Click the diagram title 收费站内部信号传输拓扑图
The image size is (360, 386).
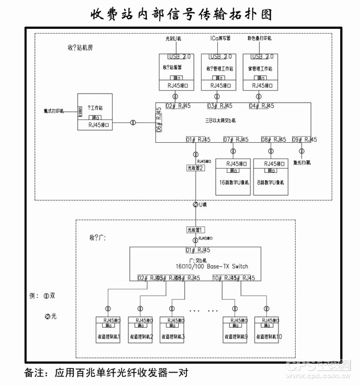180,13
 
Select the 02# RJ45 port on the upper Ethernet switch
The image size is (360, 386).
178,106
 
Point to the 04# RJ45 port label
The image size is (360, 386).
262,106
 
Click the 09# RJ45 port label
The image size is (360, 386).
304,140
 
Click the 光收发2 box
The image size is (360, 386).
196,169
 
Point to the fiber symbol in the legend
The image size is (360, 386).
48,316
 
